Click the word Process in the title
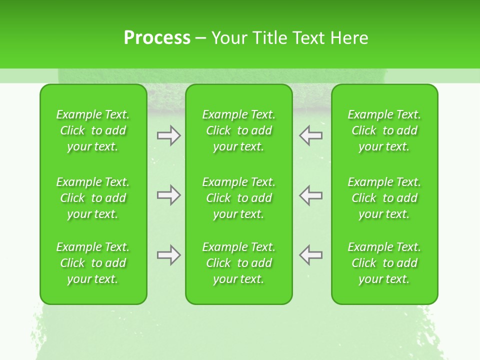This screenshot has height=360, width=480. click(157, 38)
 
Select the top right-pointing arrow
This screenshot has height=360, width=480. click(169, 135)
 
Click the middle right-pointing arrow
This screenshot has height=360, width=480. click(169, 195)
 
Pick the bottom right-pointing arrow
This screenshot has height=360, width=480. click(169, 255)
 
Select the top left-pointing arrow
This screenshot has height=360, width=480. click(311, 135)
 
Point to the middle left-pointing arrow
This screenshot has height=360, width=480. click(311, 195)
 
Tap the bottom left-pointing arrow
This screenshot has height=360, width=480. click(311, 255)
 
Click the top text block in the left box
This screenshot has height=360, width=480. click(93, 130)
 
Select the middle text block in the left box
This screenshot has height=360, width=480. click(93, 198)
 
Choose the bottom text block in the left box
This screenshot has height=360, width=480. click(93, 263)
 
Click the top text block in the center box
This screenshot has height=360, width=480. click(239, 130)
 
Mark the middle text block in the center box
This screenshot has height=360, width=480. click(239, 198)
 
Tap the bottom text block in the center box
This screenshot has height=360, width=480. click(239, 263)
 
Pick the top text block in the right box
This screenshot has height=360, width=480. click(384, 130)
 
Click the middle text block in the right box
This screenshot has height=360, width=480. click(384, 198)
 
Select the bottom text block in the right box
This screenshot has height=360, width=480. click(384, 263)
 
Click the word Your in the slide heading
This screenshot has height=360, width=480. click(229, 38)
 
